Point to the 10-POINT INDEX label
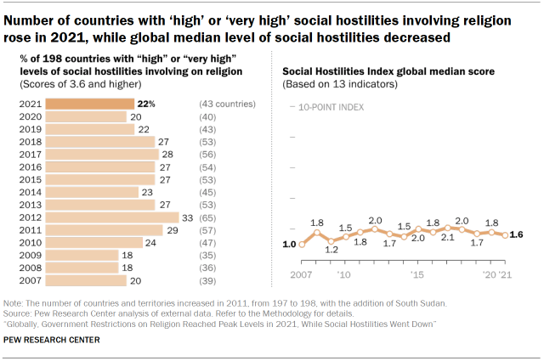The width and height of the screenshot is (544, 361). tap(329, 108)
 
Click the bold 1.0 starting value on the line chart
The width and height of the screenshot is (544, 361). tap(289, 244)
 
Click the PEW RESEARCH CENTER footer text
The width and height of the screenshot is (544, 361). tap(52, 341)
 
